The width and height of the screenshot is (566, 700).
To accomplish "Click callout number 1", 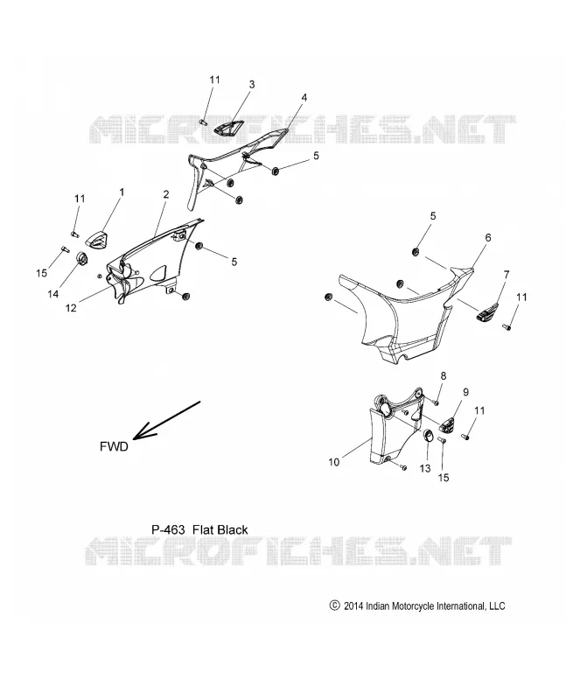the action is [x=121, y=192].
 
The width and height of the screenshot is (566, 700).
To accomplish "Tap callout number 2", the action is [x=166, y=194].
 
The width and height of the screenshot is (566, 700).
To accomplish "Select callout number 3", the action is [x=252, y=84].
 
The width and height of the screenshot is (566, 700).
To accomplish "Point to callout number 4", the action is [x=304, y=97].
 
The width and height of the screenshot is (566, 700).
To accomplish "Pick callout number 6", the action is [x=488, y=237].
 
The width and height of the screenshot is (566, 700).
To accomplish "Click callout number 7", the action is [x=507, y=275].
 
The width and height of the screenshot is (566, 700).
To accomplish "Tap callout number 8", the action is [x=444, y=376].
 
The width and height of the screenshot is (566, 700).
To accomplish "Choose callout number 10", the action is [x=334, y=462].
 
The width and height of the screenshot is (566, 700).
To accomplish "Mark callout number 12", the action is [x=71, y=308].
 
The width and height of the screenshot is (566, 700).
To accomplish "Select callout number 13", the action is [x=425, y=468].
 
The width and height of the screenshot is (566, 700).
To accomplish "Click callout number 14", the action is [x=53, y=294].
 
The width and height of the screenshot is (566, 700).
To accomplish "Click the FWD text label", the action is [x=114, y=446].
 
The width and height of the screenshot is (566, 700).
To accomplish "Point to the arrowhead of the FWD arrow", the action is [x=135, y=437].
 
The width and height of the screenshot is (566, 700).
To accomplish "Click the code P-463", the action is [x=168, y=530].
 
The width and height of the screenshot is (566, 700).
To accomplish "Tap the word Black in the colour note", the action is [x=233, y=530].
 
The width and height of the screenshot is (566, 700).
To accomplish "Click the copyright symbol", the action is [x=334, y=605].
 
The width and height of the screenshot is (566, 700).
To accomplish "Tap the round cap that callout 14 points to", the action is [x=82, y=258].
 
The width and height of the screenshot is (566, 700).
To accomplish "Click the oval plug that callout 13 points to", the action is [x=428, y=434].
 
